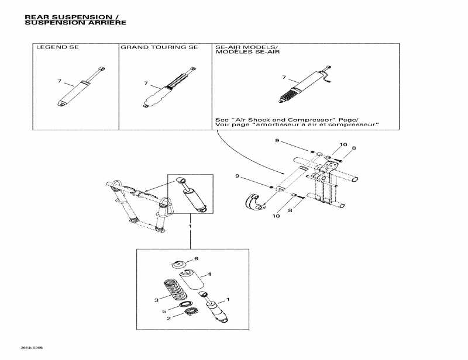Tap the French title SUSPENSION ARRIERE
(x=75, y=23)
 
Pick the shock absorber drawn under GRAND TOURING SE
(x=166, y=88)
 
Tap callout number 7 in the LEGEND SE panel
(x=58, y=81)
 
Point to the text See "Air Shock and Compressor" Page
(x=287, y=119)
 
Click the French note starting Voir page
(x=298, y=124)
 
